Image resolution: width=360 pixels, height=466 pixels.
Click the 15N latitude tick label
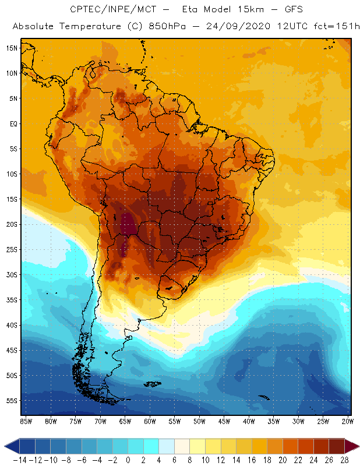click(11, 48)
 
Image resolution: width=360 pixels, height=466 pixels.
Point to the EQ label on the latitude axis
click(12, 123)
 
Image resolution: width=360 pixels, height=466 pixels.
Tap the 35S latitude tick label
click(11, 300)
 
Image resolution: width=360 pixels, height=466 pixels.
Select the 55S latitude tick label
click(11, 401)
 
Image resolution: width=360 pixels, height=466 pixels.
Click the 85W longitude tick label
click(26, 421)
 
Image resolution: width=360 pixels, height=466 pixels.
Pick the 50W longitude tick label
click(199, 421)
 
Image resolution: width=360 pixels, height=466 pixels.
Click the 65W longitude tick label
click(125, 421)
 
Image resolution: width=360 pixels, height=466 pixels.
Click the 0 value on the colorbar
click(128, 460)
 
